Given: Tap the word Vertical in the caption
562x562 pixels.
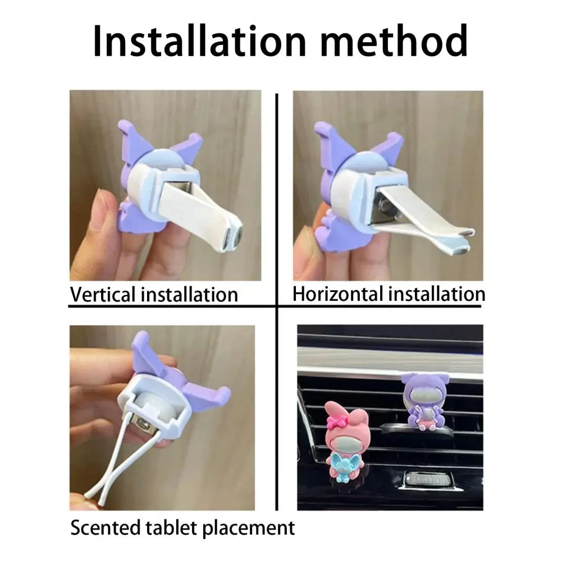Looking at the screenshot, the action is click(103, 295).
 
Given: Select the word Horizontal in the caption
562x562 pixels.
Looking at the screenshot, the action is click(338, 294).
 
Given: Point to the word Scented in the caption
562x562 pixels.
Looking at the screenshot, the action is click(105, 528).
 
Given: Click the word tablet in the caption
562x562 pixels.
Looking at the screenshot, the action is click(171, 528).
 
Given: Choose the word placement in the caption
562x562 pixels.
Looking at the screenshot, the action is click(248, 529).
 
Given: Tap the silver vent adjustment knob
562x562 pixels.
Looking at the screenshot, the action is click(427, 480).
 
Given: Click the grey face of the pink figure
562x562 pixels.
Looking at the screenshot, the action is click(340, 441).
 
